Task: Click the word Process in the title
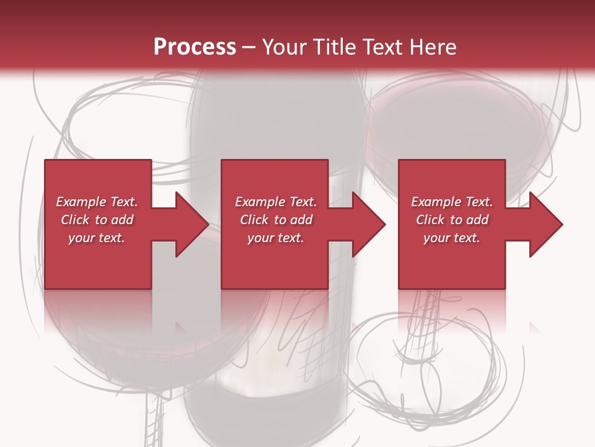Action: coord(195,47)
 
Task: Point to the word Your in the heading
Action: coord(284,47)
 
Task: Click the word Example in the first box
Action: coord(81,202)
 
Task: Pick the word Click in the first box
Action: coord(76,220)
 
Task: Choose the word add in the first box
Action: coord(122,220)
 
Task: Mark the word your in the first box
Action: coord(81,238)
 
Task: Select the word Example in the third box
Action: coord(436,202)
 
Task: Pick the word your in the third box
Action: coord(436,238)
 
